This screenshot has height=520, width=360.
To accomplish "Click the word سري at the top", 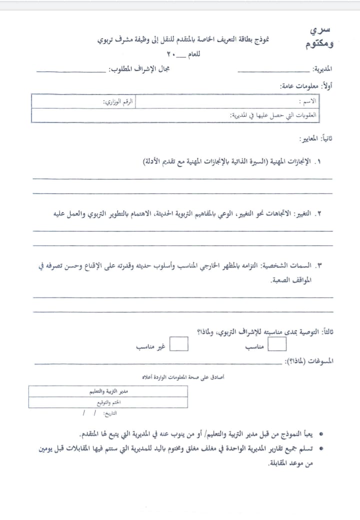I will click(320, 30).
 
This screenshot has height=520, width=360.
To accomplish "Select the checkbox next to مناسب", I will click(277, 344).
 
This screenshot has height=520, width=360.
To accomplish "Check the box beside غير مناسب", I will click(179, 344).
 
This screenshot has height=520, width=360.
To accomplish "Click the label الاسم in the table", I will click(307, 101).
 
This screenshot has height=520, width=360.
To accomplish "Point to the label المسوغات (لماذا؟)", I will click(309, 361).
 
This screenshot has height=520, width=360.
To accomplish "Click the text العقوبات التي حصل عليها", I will click(273, 115).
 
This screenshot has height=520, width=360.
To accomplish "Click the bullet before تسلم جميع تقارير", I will click(320, 448).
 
